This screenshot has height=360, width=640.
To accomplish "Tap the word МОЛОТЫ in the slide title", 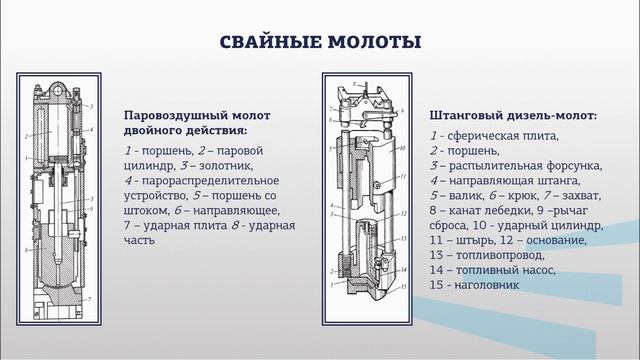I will point(376,42).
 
